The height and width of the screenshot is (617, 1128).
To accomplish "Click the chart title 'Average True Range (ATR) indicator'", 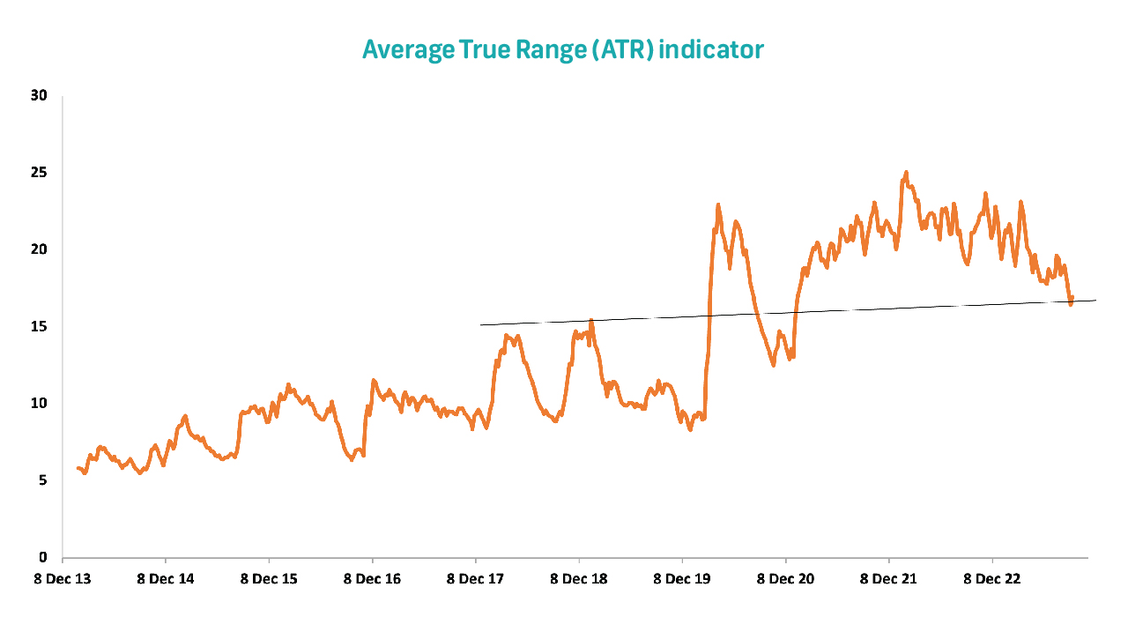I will click(562, 49).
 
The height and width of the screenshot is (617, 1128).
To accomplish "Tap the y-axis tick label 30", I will click(38, 95).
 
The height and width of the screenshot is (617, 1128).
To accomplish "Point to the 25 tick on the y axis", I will click(38, 172).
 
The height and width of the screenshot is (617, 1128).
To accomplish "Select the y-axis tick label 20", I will click(38, 249).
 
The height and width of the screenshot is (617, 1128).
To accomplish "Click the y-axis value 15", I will click(38, 326).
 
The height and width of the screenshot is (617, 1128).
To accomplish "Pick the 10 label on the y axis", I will click(38, 404).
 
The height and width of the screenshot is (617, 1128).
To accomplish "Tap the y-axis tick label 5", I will click(42, 480).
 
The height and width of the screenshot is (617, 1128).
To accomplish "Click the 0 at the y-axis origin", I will click(42, 557).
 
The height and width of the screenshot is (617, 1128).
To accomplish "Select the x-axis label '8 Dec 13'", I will click(63, 579).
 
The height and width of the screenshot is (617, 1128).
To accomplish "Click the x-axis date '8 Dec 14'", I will click(166, 579).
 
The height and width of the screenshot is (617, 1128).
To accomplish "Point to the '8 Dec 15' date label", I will click(269, 579).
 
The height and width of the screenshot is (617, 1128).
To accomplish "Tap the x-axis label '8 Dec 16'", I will click(372, 579).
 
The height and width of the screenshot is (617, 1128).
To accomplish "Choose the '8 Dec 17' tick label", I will click(476, 579).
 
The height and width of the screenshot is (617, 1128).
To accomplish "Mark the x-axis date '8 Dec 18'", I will click(579, 579).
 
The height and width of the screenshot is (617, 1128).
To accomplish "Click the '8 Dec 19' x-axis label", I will click(682, 579).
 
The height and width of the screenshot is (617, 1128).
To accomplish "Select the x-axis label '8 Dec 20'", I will click(785, 579).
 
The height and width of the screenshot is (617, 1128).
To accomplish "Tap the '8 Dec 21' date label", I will click(888, 579).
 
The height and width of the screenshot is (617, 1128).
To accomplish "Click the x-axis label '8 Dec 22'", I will click(992, 579).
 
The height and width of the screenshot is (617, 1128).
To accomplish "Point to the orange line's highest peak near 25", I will click(905, 173).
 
